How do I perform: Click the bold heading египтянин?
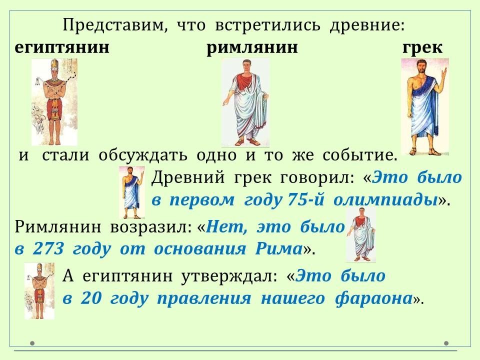click(62, 48)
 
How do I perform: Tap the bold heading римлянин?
click(252, 48)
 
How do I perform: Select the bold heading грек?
click(422, 48)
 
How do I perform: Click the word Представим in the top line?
click(115, 25)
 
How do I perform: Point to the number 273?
click(48, 248)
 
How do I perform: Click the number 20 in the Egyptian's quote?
click(91, 298)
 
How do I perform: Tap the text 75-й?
click(305, 199)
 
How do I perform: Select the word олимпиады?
click(385, 200)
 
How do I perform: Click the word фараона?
click(373, 299)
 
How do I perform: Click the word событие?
click(359, 155)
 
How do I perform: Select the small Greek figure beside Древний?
click(132, 192)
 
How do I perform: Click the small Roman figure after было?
click(361, 234)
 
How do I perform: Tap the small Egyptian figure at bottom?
click(39, 291)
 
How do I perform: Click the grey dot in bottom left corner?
click(32, 343)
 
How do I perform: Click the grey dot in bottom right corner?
click(446, 343)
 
